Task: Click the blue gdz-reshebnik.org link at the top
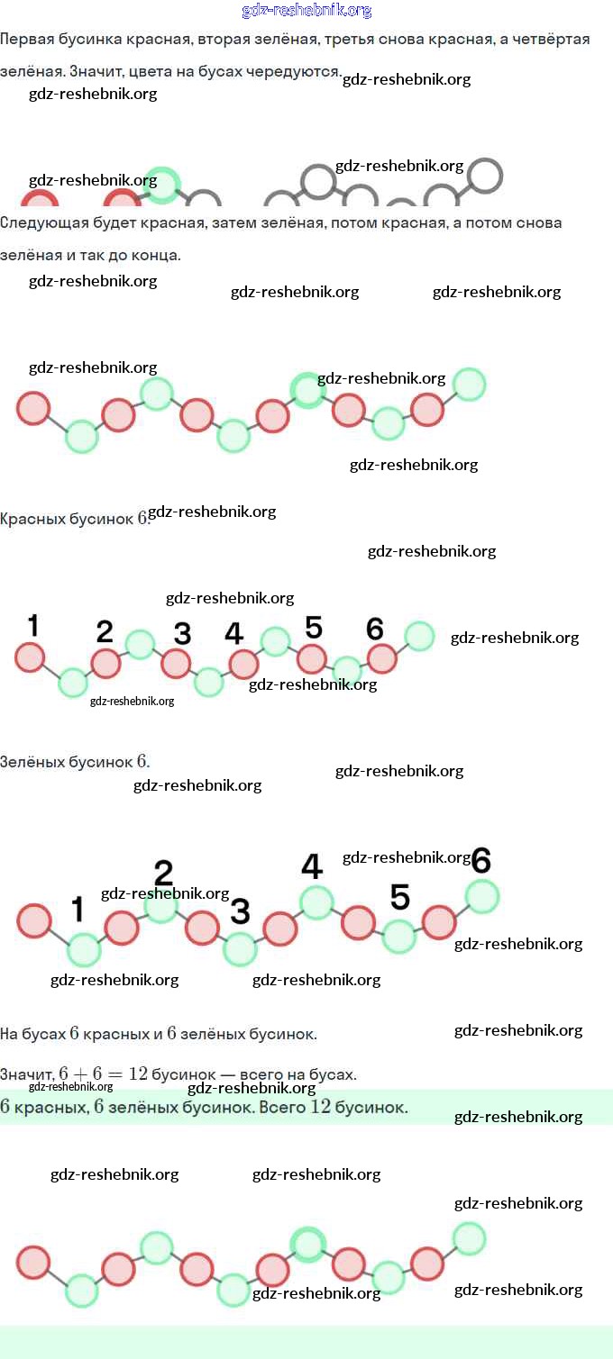[306, 11]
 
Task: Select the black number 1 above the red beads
[33, 625]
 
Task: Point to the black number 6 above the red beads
[375, 629]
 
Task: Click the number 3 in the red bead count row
[182, 633]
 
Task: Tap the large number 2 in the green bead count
[163, 872]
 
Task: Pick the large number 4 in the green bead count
[311, 866]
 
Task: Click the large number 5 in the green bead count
[400, 897]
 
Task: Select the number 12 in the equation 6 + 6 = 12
[138, 1074]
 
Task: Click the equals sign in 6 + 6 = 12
[114, 1074]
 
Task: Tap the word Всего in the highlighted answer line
[282, 1107]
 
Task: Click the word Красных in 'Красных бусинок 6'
[32, 520]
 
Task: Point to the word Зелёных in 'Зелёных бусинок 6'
[32, 762]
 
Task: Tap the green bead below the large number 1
[84, 949]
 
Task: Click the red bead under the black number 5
[312, 658]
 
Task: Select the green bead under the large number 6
[481, 896]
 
